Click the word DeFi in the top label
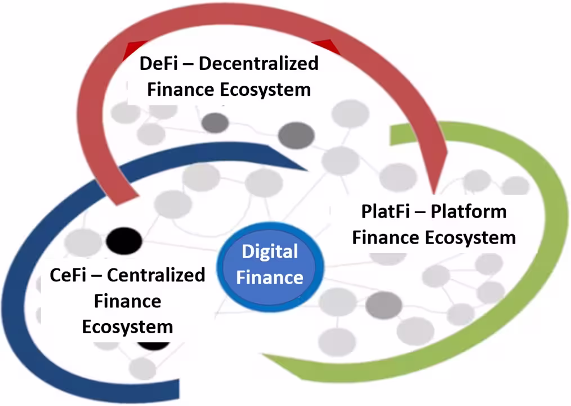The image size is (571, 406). tap(158, 63)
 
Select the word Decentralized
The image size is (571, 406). tap(258, 63)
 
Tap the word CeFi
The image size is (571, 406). tap(68, 275)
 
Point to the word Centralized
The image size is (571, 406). tap(156, 275)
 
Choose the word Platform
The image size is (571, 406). tap(469, 211)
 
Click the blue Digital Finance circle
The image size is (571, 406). tap(270, 267)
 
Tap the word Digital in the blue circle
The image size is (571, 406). tap(270, 252)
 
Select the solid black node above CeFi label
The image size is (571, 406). tap(124, 241)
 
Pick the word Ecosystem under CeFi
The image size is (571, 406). tap(127, 327)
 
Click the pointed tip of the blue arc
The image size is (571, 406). tap(307, 170)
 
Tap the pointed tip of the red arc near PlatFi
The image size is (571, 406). tap(434, 193)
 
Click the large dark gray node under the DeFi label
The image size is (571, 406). tap(296, 135)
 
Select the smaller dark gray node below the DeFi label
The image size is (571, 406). tap(215, 122)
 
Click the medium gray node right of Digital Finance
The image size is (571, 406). tap(384, 304)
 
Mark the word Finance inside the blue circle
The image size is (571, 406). tap(270, 277)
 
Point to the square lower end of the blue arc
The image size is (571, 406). tap(179, 389)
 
